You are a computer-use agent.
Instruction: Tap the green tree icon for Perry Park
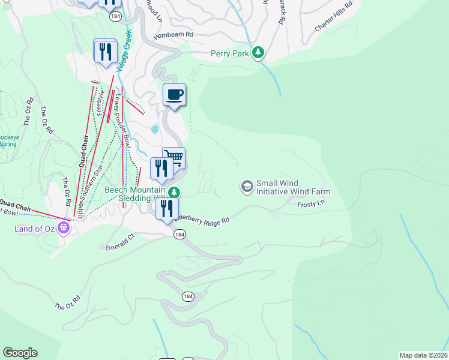(258, 53)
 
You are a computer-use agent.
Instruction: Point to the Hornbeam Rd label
(173, 35)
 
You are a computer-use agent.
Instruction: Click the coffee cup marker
(174, 95)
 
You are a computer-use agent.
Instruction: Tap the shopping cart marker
(174, 158)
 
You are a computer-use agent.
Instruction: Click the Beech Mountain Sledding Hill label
(134, 194)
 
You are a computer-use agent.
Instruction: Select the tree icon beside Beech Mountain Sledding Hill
(173, 192)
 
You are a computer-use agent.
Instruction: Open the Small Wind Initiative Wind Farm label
(293, 188)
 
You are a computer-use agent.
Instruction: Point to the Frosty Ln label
(311, 205)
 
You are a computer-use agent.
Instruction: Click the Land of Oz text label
(35, 228)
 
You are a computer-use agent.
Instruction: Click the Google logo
(20, 353)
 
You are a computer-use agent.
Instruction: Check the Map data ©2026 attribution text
(423, 355)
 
